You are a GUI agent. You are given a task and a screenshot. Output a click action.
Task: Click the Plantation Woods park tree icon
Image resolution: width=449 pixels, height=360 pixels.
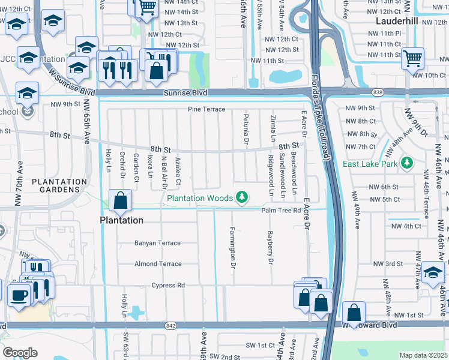pyautogui.click(x=242, y=197)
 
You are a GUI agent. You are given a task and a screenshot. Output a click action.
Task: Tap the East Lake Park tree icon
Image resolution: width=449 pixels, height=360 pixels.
pyautogui.click(x=407, y=163)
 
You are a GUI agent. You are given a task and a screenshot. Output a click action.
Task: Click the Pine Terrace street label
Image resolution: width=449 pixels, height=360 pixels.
pyautogui.click(x=206, y=109)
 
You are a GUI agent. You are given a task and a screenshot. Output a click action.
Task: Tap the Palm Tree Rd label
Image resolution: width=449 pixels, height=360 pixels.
pyautogui.click(x=280, y=210)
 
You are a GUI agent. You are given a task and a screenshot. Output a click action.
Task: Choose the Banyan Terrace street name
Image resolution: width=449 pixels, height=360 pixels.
pyautogui.click(x=157, y=243)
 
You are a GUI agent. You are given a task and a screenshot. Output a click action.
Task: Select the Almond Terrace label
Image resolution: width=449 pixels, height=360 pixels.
pyautogui.click(x=157, y=264)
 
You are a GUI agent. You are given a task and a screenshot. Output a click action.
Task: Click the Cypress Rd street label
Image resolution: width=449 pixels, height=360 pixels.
pyautogui.click(x=168, y=285)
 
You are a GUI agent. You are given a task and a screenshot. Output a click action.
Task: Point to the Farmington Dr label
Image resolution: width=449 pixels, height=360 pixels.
pyautogui.click(x=232, y=244)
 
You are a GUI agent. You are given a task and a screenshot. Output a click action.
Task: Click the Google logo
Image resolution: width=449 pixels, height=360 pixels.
pyautogui.click(x=20, y=353)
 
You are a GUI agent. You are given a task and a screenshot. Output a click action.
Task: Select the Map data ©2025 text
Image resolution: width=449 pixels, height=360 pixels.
pyautogui.click(x=423, y=355)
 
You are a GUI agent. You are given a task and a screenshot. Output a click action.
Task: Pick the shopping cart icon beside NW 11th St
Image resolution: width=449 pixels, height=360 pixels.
pyautogui.click(x=412, y=58)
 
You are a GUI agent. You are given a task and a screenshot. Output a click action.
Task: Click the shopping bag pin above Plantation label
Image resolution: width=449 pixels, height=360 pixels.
pyautogui.click(x=120, y=200)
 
